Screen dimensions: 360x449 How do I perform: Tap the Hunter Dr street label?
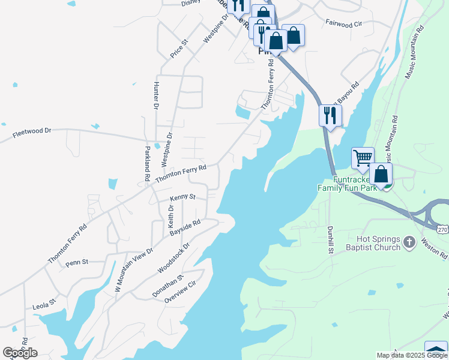click(x=156, y=95)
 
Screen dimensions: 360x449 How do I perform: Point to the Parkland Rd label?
click(x=146, y=163)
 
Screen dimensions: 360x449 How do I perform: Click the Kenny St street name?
click(x=182, y=197)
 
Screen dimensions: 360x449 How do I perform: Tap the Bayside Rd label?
click(x=184, y=227)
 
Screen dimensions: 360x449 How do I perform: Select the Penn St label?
click(x=77, y=262)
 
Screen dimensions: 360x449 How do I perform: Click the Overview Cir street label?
click(x=180, y=293)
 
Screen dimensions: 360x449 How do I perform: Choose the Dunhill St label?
click(x=330, y=239)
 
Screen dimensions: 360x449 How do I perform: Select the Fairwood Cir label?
click(x=345, y=25)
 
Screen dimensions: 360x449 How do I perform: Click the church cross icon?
click(x=409, y=242)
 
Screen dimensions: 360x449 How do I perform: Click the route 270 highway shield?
click(x=442, y=229)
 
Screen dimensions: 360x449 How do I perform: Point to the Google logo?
click(x=20, y=353)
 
